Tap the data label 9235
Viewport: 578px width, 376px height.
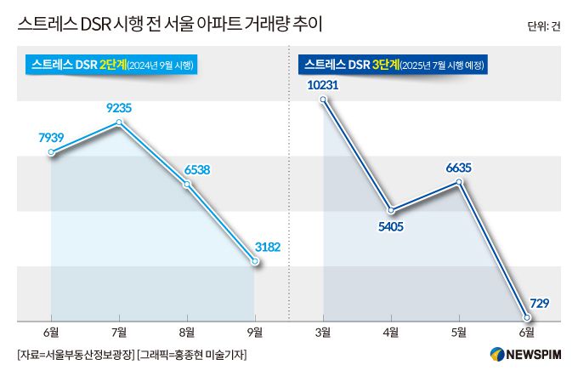click(121, 108)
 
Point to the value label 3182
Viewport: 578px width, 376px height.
click(266, 248)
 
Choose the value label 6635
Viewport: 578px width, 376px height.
click(459, 168)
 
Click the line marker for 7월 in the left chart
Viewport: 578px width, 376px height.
click(119, 122)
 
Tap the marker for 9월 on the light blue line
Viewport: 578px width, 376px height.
click(255, 263)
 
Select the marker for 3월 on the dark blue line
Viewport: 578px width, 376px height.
click(323, 100)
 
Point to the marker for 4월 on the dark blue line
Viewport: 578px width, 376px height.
click(391, 210)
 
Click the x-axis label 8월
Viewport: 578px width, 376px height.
click(187, 331)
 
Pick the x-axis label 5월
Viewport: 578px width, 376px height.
click(459, 331)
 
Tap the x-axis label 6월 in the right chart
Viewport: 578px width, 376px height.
click(527, 331)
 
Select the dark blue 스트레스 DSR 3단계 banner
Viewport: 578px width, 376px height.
click(397, 65)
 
